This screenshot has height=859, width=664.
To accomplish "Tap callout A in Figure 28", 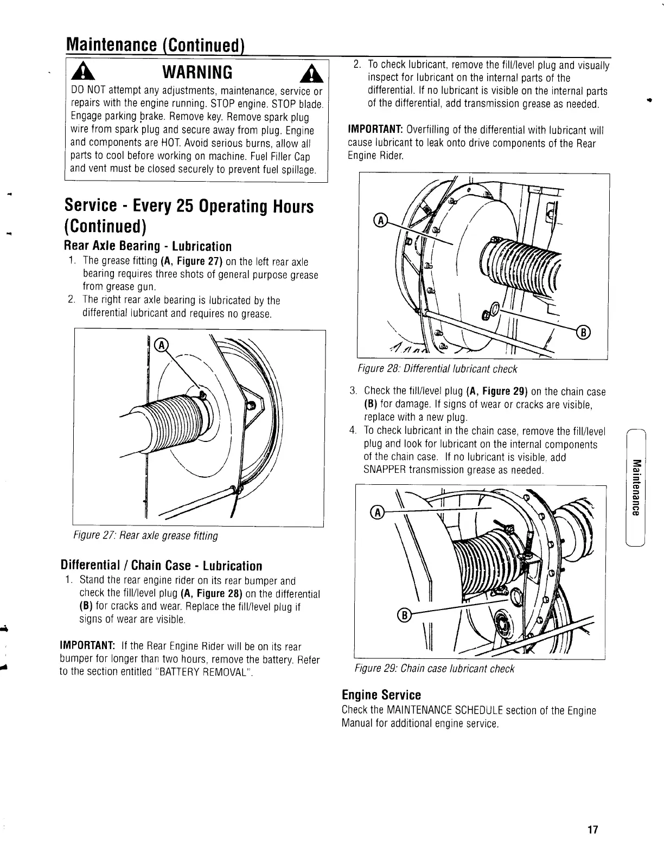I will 381,220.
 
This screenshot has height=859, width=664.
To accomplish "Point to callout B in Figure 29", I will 403,614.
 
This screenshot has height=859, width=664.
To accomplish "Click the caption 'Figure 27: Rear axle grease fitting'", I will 146,536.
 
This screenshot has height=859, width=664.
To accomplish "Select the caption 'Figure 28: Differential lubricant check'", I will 437,369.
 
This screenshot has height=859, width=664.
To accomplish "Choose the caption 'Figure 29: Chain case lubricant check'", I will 434,668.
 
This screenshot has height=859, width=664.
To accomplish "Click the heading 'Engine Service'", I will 381,695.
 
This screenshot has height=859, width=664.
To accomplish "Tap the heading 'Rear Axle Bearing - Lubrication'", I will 148,246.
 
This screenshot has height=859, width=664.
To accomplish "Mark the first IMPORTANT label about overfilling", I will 374,131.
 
